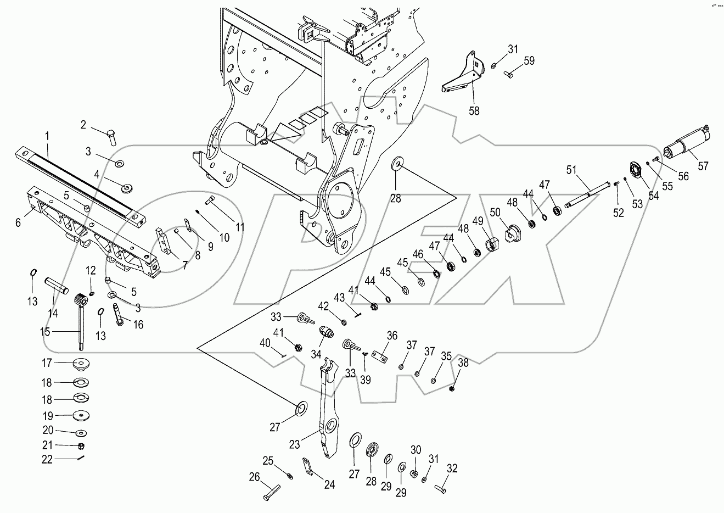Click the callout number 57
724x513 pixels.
point(703,165)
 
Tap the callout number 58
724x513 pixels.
point(474,110)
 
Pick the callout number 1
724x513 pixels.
point(47,135)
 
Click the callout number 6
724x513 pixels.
point(18,222)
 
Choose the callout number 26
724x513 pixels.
point(254,477)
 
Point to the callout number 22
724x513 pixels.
point(47,459)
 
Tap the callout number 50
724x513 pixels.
point(495,212)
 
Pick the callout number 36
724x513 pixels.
point(392,335)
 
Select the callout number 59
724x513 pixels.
point(529,60)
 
